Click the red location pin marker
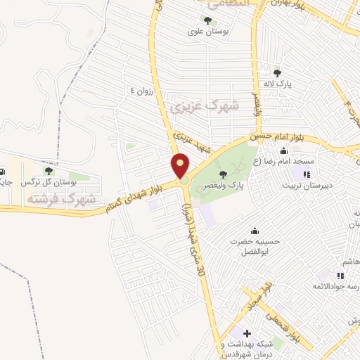coord(181,167)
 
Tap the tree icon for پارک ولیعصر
coord(224,174)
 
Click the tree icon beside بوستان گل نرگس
coord(49,171)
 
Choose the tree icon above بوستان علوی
coord(207,20)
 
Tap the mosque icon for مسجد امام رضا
coord(283,150)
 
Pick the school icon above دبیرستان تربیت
coord(307,174)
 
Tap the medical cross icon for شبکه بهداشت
coord(246,333)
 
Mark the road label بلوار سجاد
coord(259,296)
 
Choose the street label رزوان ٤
coord(141,91)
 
